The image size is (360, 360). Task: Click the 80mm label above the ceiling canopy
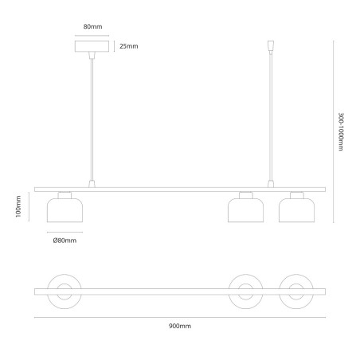click(92, 26)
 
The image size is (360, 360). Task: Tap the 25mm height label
click(129, 46)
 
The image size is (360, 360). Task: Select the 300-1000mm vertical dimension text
click(341, 131)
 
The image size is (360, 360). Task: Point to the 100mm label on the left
click(18, 206)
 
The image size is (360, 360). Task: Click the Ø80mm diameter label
click(65, 241)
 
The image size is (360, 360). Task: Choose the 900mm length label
click(180, 326)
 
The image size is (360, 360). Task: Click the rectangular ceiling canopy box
click(92, 46)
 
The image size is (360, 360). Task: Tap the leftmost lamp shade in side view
click(65, 210)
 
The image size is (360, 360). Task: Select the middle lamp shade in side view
click(246, 210)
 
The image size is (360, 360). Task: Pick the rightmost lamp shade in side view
click(297, 210)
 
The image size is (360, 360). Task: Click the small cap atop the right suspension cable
click(271, 45)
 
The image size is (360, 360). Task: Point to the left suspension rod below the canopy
click(92, 119)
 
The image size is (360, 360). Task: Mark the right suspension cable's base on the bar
click(271, 184)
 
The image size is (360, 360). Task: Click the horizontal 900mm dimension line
click(180, 317)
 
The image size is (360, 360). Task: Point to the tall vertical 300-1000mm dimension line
click(334, 131)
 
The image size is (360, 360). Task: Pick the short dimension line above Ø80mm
click(65, 232)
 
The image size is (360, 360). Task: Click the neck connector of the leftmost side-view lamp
click(65, 195)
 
